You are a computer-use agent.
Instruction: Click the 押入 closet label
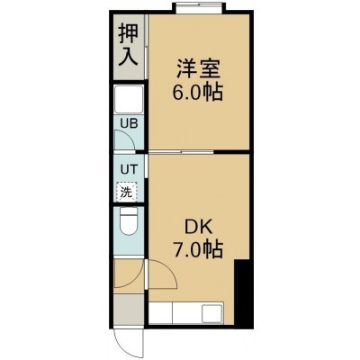click(x=128, y=45)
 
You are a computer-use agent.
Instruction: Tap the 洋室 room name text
click(x=198, y=69)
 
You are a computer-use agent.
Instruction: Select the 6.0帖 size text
click(x=197, y=92)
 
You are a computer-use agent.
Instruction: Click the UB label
click(x=129, y=123)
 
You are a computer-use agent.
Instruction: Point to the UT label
click(x=129, y=169)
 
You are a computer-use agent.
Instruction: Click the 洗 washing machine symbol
click(x=126, y=192)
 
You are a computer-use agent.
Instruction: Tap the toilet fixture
click(x=128, y=222)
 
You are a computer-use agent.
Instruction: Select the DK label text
click(x=198, y=229)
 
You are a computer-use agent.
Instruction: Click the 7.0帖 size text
click(x=197, y=250)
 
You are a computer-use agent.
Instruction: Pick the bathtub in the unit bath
click(x=129, y=100)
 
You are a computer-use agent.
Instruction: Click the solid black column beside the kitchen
click(x=244, y=293)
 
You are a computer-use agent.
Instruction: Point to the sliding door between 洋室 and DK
click(x=181, y=152)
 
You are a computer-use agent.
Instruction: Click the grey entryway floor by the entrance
click(x=129, y=310)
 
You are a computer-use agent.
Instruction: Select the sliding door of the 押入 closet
click(x=146, y=47)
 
